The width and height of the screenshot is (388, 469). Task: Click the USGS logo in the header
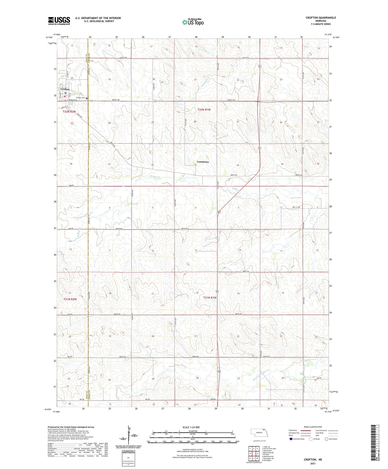coord(59,20)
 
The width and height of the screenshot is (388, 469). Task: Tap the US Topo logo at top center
coord(193,22)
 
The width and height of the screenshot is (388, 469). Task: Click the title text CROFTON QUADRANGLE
coord(321,18)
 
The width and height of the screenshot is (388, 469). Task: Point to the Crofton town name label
coord(65,89)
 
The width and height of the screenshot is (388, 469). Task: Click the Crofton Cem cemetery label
coord(80,98)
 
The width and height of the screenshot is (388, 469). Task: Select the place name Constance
coord(203,162)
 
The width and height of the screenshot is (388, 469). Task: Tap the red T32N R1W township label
coord(204,110)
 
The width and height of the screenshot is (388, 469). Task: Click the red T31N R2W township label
coord(70,299)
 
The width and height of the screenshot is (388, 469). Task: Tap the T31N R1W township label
coord(210,298)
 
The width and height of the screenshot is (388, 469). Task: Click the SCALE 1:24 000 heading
coord(191,427)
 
